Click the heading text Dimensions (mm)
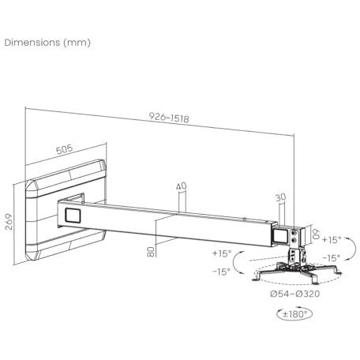(47, 43)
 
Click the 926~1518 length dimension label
(169, 118)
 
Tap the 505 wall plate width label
(65, 149)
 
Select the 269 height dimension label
(9, 222)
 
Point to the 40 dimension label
(181, 186)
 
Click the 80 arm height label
(151, 251)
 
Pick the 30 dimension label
(280, 197)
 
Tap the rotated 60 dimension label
(316, 234)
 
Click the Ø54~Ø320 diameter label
(295, 294)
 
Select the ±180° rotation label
(294, 313)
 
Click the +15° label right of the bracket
(332, 240)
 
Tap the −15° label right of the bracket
(332, 258)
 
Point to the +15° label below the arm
(222, 253)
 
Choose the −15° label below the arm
(222, 271)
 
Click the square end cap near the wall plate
(73, 216)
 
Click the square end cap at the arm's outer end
(279, 236)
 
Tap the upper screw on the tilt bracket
(294, 233)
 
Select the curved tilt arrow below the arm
(234, 262)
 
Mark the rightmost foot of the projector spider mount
(337, 271)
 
